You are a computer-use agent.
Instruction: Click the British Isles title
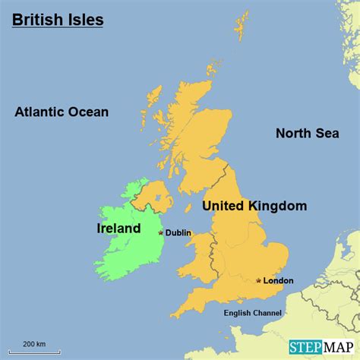coord(58,20)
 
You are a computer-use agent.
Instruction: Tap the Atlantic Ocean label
coord(62,112)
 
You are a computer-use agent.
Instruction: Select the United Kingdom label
coord(254,206)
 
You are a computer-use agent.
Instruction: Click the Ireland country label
coord(118,229)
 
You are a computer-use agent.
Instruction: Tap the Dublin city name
coord(178,233)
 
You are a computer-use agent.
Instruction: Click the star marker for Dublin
coord(160,232)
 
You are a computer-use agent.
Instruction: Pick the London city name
coord(278,281)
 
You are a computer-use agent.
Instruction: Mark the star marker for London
coord(259,280)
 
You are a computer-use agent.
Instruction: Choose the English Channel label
coord(253,313)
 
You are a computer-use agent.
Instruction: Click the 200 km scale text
coord(32,345)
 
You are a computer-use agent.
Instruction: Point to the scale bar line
coord(32,352)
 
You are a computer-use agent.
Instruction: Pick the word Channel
coord(267,313)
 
